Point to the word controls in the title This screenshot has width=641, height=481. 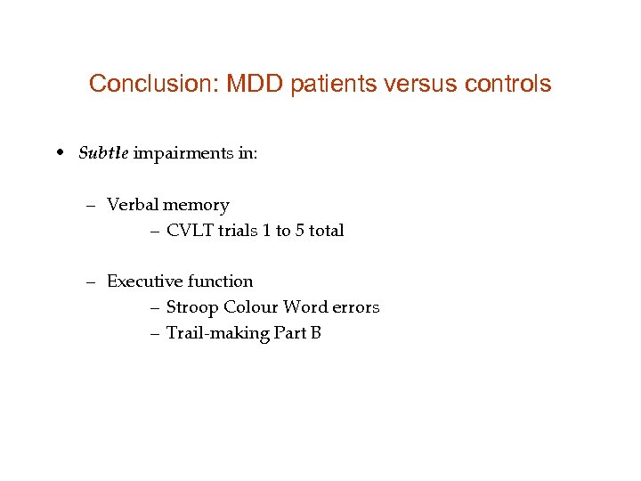coord(507,85)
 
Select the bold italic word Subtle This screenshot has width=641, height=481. coord(103,153)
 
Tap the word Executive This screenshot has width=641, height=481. coord(144,281)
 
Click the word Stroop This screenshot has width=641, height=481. coord(192,307)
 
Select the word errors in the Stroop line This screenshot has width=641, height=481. coord(356,307)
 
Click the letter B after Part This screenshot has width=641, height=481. coord(315,333)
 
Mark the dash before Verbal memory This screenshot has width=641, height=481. coord(92,206)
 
